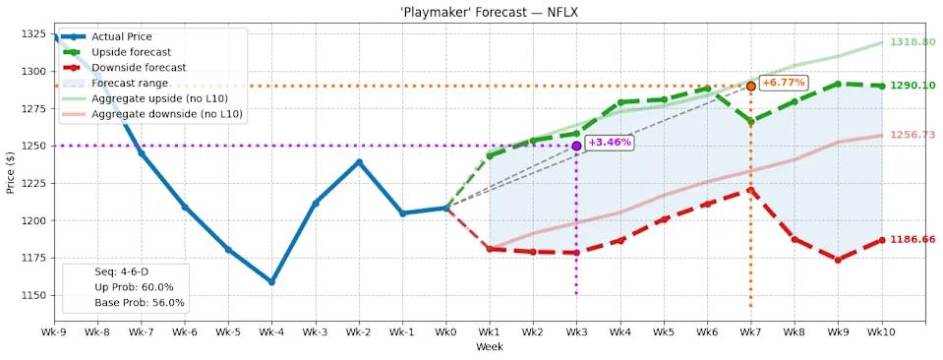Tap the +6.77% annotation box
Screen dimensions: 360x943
click(783, 83)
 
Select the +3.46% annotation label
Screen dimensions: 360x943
click(609, 143)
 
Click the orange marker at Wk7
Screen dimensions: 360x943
click(750, 87)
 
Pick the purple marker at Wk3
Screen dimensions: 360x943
click(576, 146)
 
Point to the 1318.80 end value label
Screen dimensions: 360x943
click(912, 42)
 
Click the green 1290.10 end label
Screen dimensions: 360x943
click(912, 86)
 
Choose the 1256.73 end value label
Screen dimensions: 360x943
click(912, 135)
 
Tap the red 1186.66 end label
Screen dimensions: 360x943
click(912, 239)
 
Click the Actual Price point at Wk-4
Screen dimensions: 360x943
click(271, 281)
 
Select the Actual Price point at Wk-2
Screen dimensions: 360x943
click(359, 162)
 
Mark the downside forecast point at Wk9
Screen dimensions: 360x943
click(838, 260)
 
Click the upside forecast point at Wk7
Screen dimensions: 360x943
click(750, 122)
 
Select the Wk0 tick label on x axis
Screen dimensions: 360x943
click(445, 334)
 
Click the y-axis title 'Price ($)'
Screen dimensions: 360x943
click(10, 172)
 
